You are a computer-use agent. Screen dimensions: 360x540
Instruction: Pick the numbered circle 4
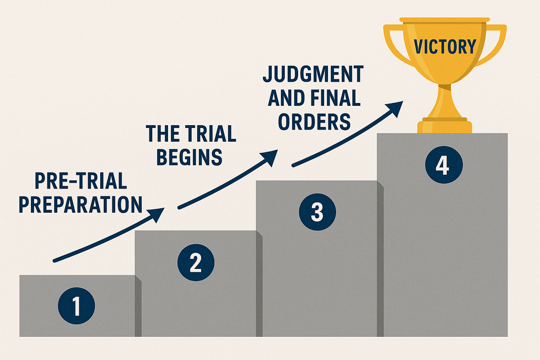pyautogui.click(x=443, y=165)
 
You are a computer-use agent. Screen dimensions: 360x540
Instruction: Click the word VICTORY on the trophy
pyautogui.click(x=445, y=46)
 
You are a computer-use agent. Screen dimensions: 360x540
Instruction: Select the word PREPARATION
pyautogui.click(x=80, y=203)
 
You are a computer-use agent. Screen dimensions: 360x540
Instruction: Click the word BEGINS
pyautogui.click(x=190, y=157)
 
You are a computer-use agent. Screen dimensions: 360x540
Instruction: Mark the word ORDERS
pyautogui.click(x=314, y=121)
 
